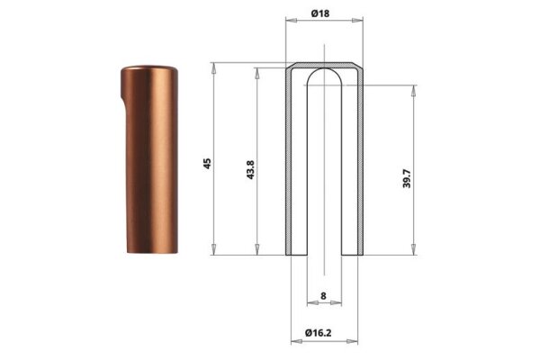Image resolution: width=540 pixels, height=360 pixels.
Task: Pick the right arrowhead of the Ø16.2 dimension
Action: point(357,342)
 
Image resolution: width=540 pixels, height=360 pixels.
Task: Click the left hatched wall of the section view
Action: point(290,162)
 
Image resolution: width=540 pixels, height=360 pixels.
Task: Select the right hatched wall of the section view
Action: point(360,162)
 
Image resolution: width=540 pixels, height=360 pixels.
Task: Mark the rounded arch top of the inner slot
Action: point(324,74)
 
